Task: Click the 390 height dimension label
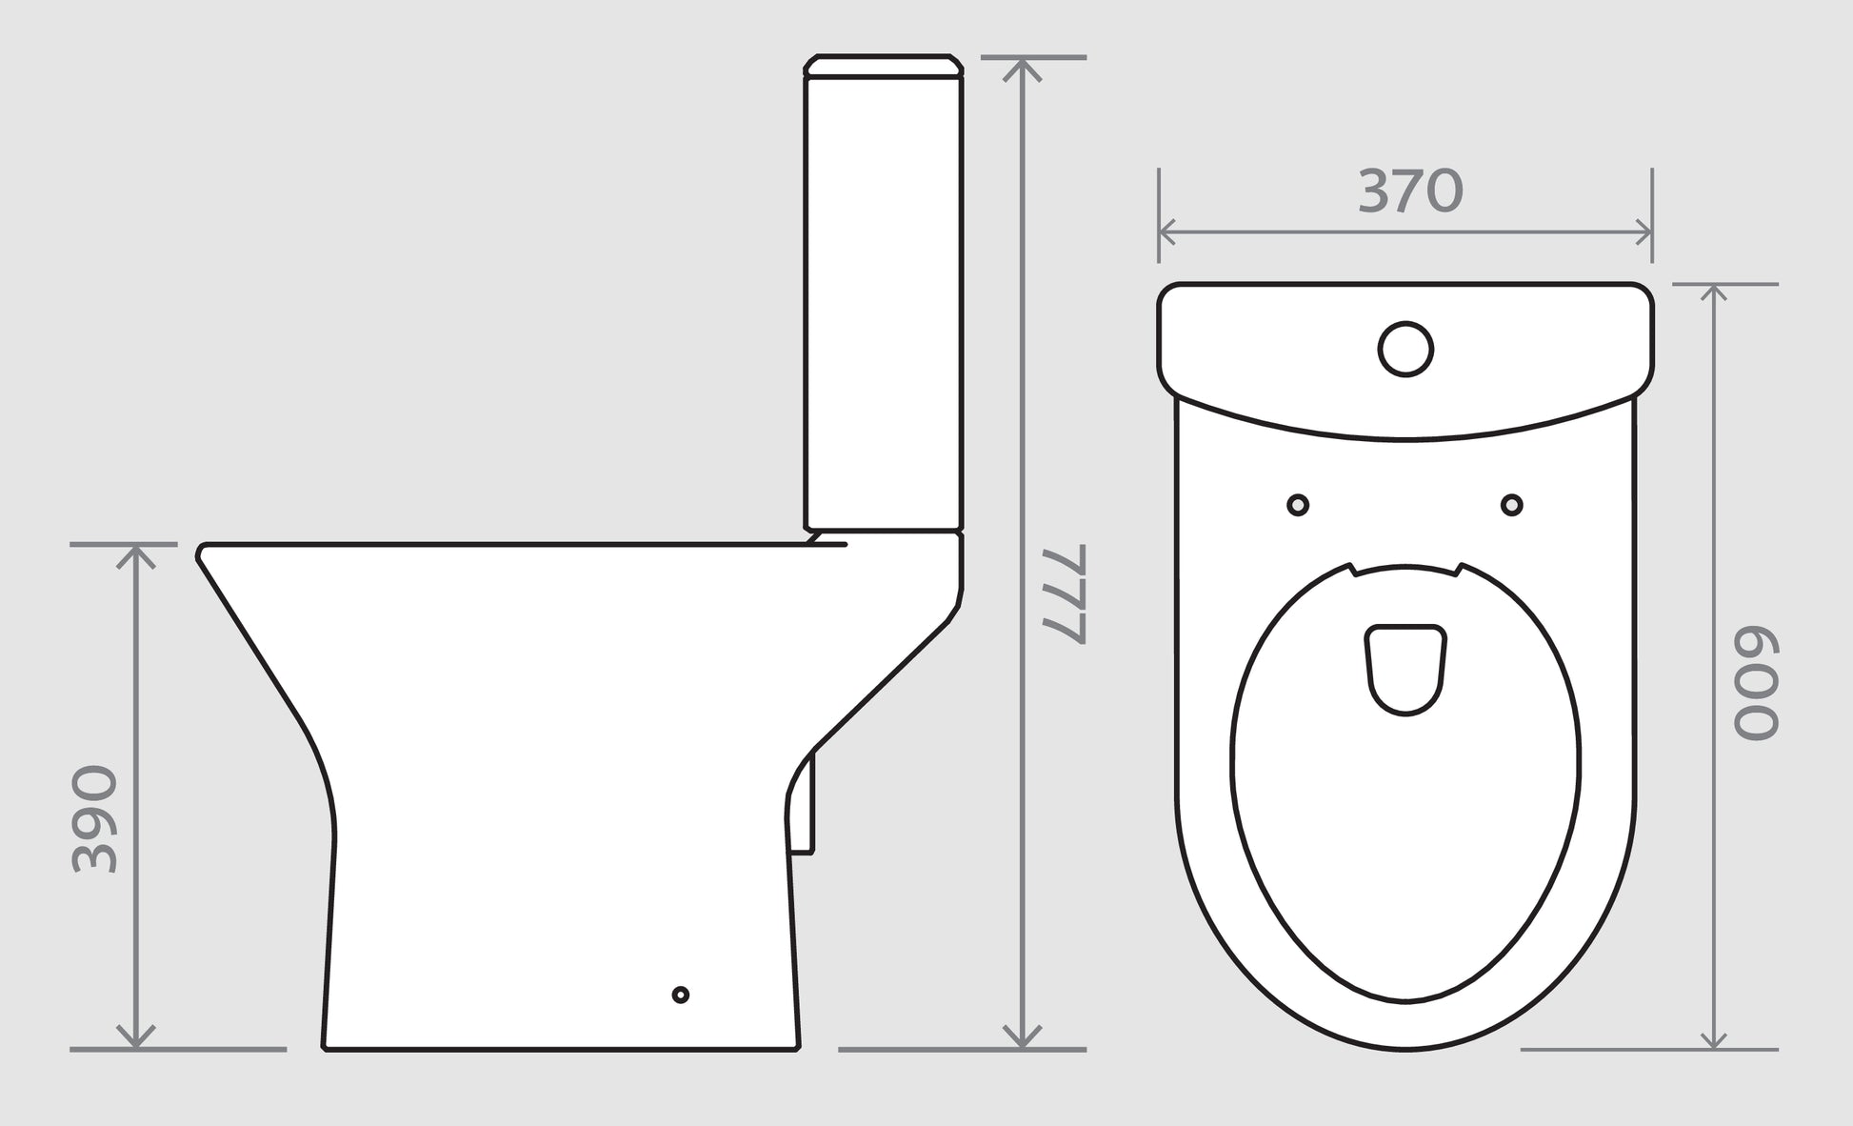pos(95,820)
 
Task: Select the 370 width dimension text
pos(1409,191)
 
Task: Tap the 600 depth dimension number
pos(1755,684)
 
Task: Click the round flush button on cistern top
pos(1405,349)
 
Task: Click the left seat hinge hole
pos(1297,505)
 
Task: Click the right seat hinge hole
pos(1511,505)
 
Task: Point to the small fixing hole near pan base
pos(680,995)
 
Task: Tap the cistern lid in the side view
pos(884,65)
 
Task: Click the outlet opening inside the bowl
pos(1406,668)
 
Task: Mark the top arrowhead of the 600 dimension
pos(1714,292)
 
